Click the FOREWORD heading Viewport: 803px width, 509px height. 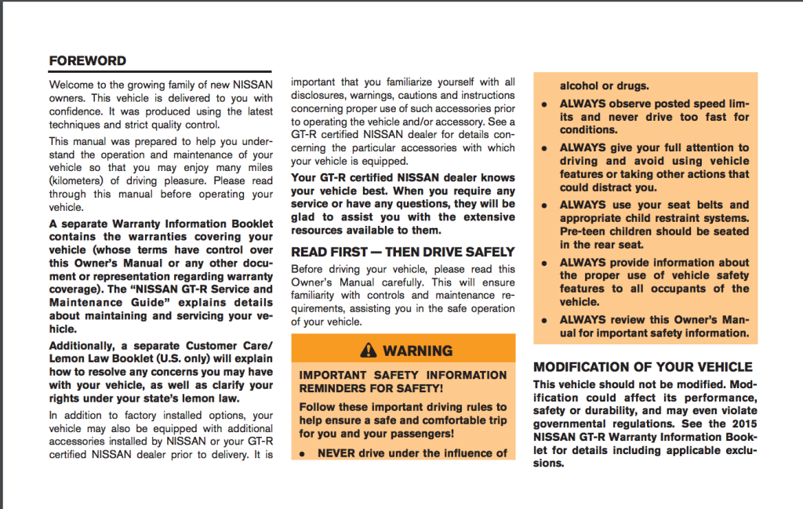[x=87, y=60]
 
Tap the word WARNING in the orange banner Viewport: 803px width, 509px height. [x=418, y=351]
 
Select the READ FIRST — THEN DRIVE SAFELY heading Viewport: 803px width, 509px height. [x=403, y=252]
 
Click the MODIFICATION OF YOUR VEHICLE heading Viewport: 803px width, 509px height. [x=642, y=366]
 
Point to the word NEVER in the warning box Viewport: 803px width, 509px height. [x=336, y=453]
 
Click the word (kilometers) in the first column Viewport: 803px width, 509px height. [x=80, y=181]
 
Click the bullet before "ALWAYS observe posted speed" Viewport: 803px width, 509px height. [x=544, y=104]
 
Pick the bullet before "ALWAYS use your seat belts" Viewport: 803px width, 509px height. [x=544, y=205]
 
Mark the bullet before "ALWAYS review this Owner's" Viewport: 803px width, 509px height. [x=544, y=321]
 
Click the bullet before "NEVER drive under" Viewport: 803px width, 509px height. [x=303, y=454]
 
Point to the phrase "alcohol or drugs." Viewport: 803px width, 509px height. [x=604, y=86]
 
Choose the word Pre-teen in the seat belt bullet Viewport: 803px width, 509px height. [x=583, y=231]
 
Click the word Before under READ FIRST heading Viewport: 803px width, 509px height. [x=309, y=269]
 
